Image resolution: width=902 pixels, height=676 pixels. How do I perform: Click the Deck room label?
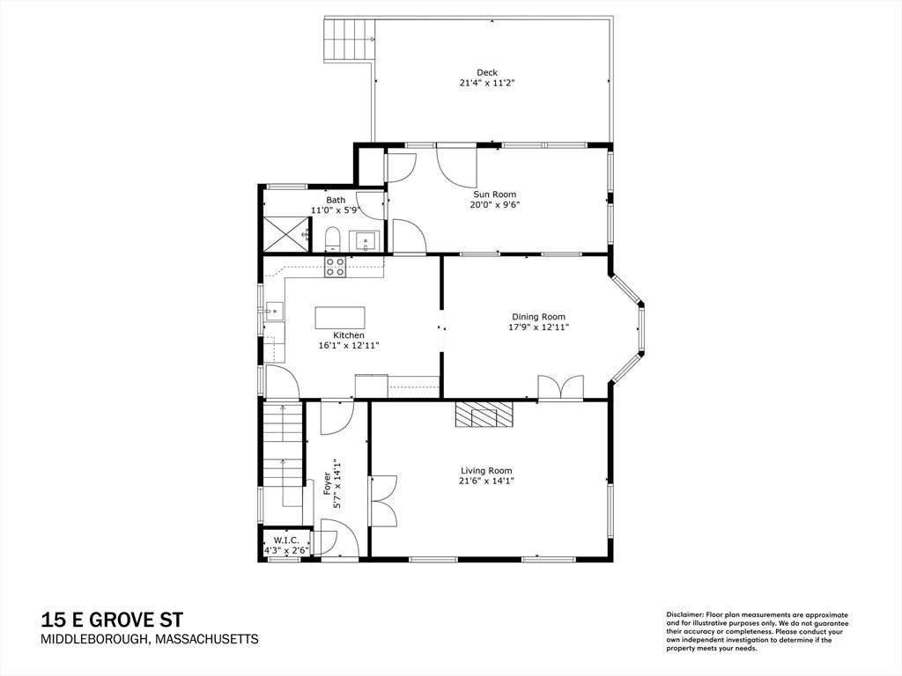tap(486, 72)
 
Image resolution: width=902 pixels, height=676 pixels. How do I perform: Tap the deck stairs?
tap(349, 40)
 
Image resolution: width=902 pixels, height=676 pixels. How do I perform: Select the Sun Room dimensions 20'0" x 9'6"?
tap(495, 204)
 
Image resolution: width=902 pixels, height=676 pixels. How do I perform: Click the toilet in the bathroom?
tap(332, 239)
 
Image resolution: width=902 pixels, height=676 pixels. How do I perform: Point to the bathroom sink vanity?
tap(365, 241)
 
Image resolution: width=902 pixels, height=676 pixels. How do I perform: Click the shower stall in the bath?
tap(286, 234)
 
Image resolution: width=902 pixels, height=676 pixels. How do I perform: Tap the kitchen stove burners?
tap(336, 267)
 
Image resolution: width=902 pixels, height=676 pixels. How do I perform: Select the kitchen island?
tap(340, 317)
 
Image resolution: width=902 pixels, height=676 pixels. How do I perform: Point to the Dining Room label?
tap(538, 317)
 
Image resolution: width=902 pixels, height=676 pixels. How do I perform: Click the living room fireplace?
tap(484, 415)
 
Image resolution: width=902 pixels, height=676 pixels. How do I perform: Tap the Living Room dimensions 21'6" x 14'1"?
tap(486, 481)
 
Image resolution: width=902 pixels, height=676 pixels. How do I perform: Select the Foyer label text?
tap(328, 485)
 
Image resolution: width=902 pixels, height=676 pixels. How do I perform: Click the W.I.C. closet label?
tap(286, 540)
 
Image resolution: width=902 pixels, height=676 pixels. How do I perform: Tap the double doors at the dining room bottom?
tap(561, 387)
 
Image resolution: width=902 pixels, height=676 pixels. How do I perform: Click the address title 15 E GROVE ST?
tap(112, 620)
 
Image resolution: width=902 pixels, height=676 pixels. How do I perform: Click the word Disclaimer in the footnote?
tap(684, 615)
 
